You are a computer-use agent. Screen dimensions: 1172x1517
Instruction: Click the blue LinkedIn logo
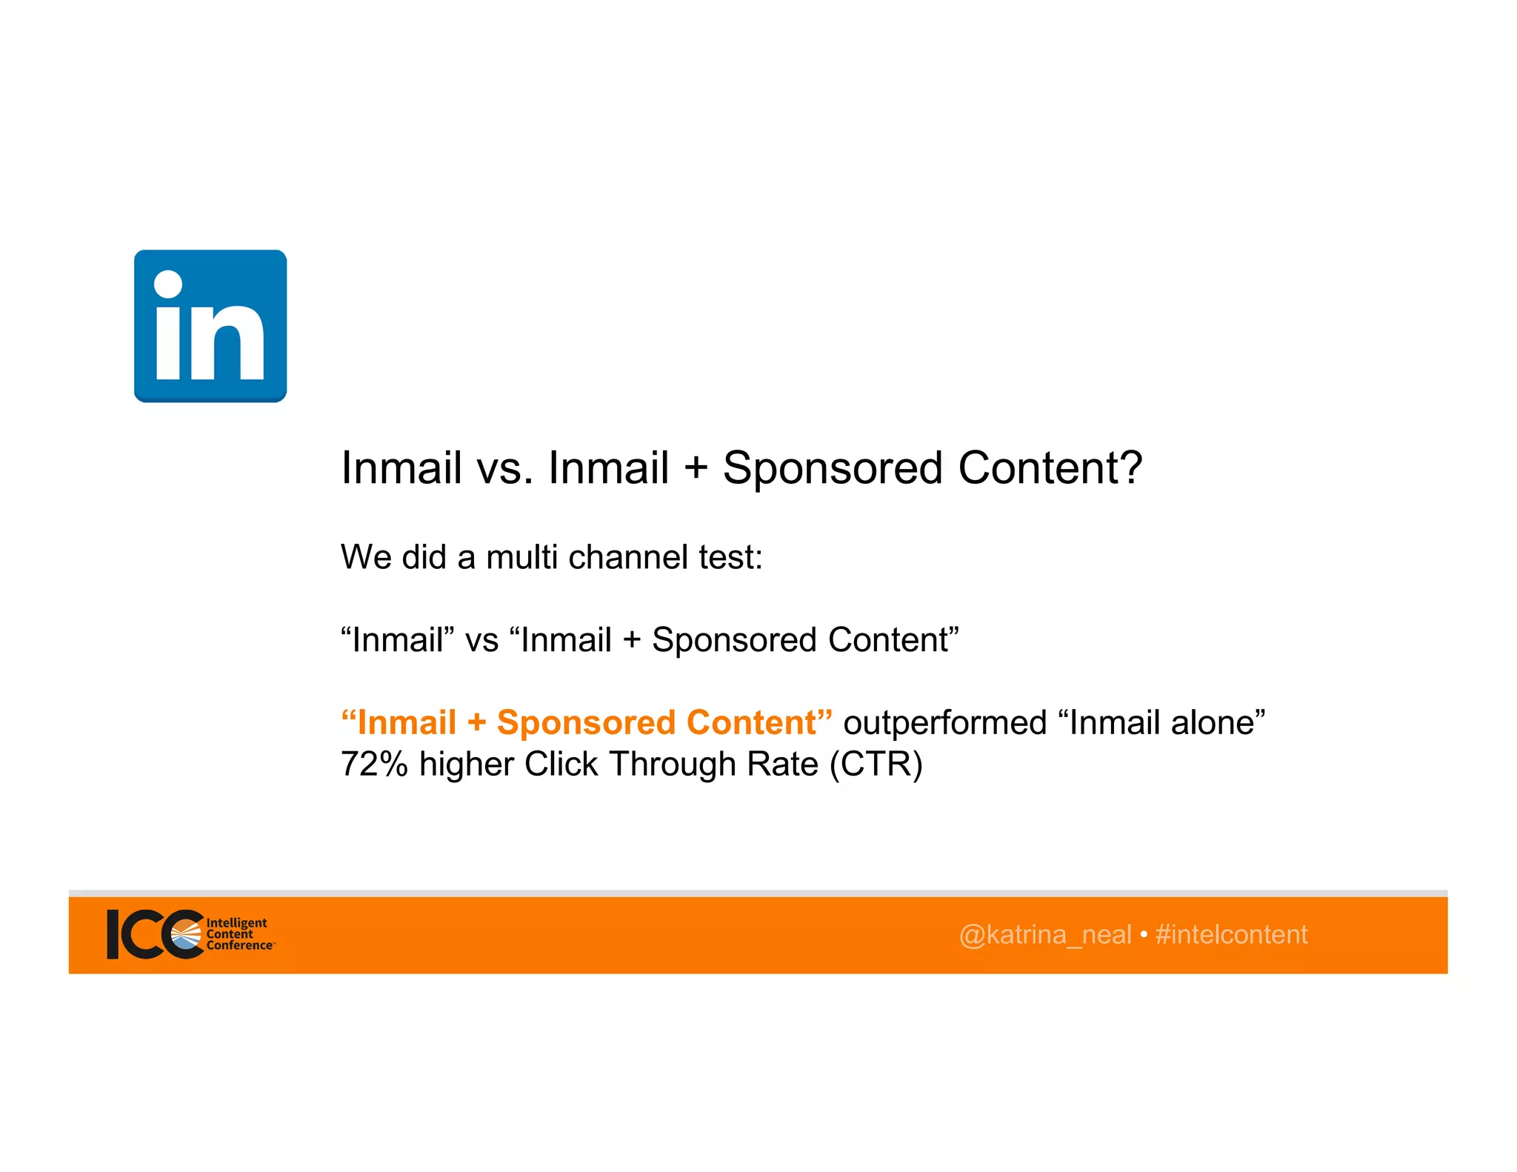click(x=210, y=326)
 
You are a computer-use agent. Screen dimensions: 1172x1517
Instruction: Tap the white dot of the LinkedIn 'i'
click(x=168, y=284)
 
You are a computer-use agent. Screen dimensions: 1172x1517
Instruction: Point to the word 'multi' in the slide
click(x=521, y=557)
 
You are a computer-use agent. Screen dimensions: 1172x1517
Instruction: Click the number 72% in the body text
click(x=374, y=764)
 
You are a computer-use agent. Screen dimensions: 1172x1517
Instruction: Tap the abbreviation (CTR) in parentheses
click(x=876, y=764)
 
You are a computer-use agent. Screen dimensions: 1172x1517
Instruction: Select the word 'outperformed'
click(x=945, y=722)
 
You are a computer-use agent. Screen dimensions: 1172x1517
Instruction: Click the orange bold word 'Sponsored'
click(x=586, y=722)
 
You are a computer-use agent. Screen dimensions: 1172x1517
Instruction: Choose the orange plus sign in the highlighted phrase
click(x=476, y=723)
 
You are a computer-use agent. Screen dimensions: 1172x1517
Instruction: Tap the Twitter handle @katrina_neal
click(x=1045, y=935)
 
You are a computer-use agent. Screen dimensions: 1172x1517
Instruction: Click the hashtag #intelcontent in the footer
click(x=1231, y=935)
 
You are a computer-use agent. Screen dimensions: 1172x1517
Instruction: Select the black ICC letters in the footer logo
click(x=152, y=934)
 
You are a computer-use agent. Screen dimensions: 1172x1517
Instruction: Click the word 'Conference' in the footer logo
click(x=239, y=945)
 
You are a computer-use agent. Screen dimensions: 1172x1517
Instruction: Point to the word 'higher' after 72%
click(x=466, y=764)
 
